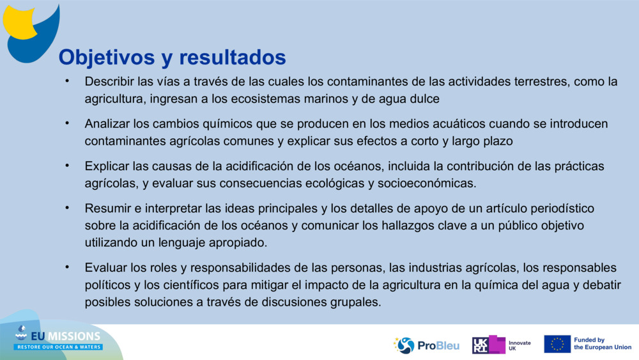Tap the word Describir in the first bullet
109,82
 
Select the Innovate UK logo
501,345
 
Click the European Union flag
557,345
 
